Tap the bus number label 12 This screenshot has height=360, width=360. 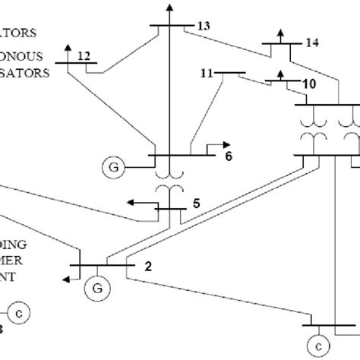click(x=84, y=55)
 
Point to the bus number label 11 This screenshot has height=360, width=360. click(x=207, y=74)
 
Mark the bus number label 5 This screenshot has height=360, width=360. click(x=196, y=203)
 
